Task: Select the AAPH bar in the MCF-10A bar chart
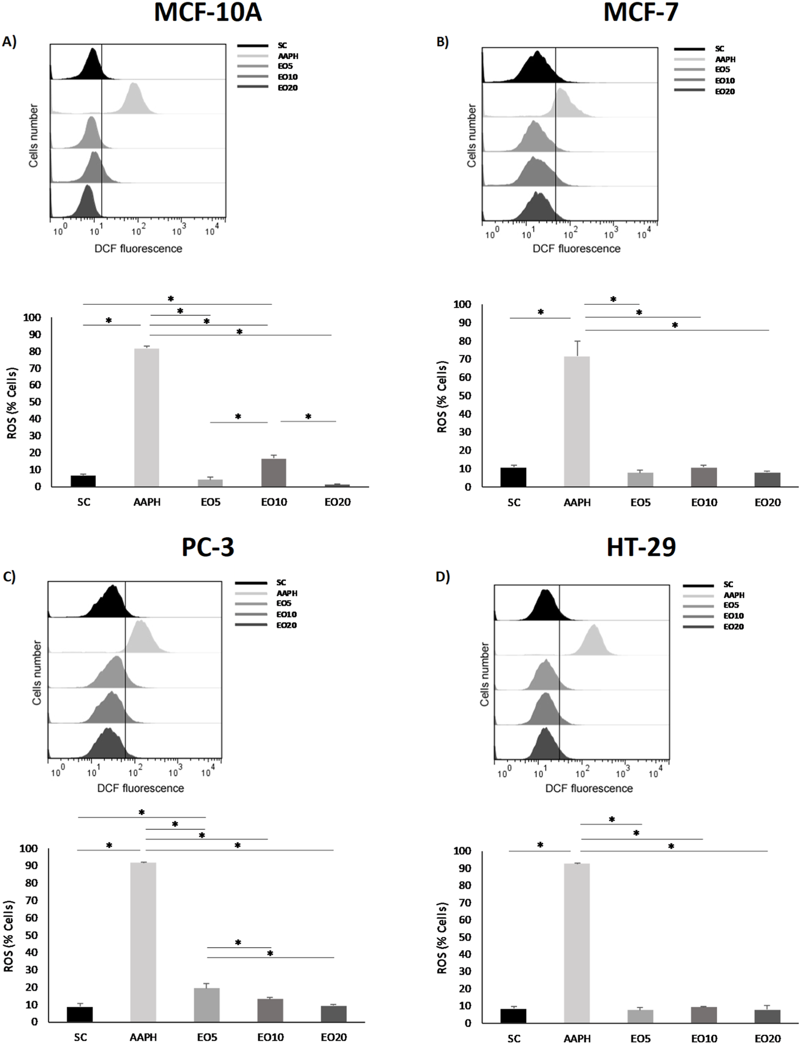[147, 417]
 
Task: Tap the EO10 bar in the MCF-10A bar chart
[273, 473]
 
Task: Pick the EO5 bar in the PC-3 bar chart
[207, 1004]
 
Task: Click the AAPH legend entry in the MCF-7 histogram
[725, 59]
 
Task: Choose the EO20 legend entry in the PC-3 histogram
[286, 625]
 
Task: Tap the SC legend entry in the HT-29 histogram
[728, 584]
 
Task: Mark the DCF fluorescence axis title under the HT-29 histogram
[589, 788]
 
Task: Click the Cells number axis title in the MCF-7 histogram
[471, 135]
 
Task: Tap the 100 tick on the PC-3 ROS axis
[29, 849]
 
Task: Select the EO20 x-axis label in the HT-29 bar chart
[767, 1038]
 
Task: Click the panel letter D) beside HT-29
[443, 577]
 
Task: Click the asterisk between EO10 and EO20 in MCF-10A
[308, 416]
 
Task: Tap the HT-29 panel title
[641, 547]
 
